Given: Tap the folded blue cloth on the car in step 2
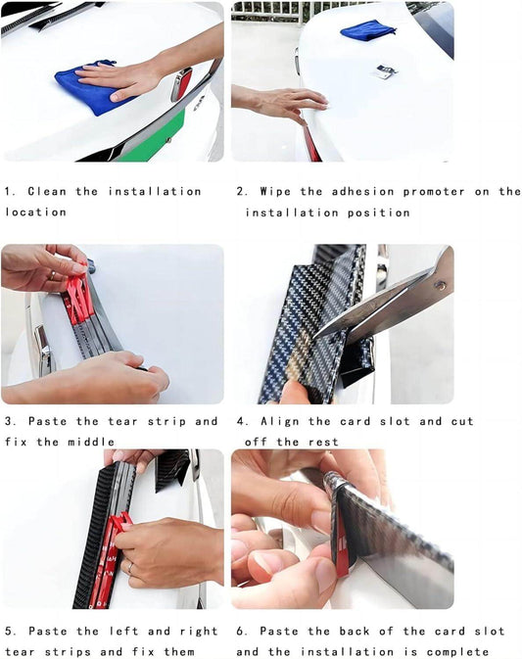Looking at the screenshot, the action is tap(368, 30).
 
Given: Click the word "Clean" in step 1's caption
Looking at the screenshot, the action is tap(47, 192).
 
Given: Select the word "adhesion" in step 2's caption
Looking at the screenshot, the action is tap(363, 192).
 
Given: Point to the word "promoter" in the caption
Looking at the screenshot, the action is tap(434, 192).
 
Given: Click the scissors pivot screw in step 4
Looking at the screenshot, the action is tap(441, 286).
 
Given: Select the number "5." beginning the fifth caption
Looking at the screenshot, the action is tap(11, 631).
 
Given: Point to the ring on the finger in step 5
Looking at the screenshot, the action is tap(130, 568).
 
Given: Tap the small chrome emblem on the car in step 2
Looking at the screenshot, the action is tap(385, 71).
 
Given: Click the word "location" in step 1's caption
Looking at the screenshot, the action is tap(35, 212).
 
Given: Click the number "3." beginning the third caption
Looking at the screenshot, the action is tap(11, 421).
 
